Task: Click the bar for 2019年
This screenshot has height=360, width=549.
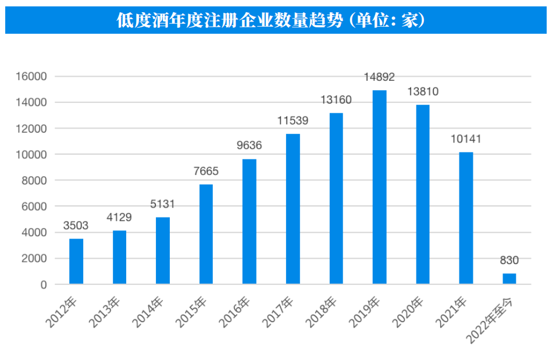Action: (379, 187)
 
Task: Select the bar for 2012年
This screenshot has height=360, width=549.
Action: (76, 261)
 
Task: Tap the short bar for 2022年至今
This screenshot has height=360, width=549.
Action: (509, 279)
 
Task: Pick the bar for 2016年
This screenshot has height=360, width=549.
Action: (249, 222)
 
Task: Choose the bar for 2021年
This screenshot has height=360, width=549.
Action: (466, 218)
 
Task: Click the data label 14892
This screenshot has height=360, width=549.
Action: (379, 78)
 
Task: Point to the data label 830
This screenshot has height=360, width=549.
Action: (509, 261)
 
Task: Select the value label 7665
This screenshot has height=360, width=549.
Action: (206, 172)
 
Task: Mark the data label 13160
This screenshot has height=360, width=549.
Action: (336, 100)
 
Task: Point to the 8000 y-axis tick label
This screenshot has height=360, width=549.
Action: (35, 180)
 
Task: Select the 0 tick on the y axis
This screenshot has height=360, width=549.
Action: (44, 284)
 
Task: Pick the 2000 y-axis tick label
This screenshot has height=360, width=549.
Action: (35, 258)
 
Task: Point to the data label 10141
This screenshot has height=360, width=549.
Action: (466, 139)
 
